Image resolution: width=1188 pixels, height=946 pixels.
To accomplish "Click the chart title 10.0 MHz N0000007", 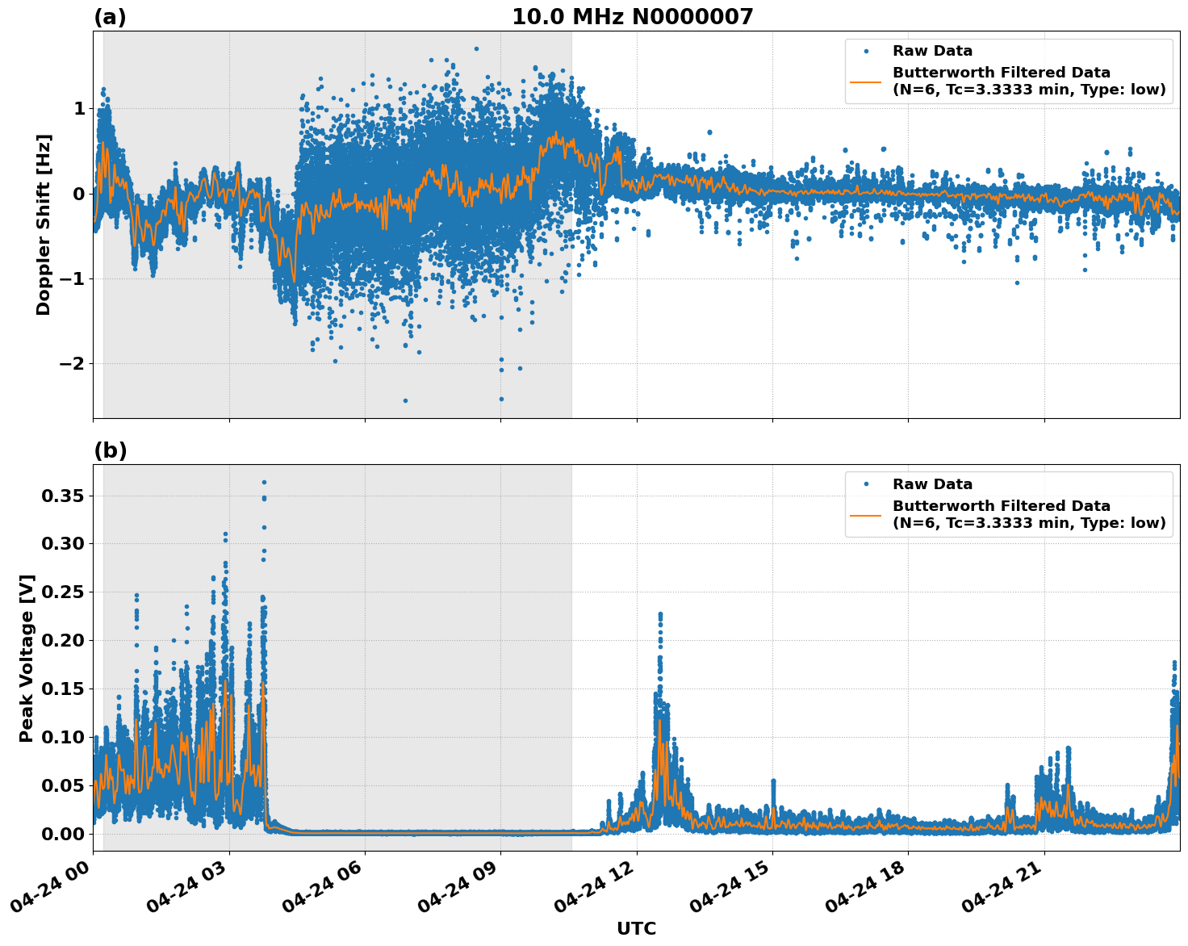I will [632, 17].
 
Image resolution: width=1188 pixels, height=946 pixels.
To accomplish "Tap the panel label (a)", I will [110, 17].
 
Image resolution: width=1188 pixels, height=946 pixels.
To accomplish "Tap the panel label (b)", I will [110, 450].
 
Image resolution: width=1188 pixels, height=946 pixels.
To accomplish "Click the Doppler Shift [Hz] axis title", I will [44, 224].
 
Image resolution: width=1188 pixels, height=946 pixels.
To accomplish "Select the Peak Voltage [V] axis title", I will [27, 658].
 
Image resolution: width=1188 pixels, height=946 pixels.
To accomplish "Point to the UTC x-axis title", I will [636, 928].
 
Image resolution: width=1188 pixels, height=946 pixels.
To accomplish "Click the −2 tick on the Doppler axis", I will [72, 364].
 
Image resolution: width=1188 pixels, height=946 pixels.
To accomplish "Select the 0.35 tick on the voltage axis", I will [63, 496].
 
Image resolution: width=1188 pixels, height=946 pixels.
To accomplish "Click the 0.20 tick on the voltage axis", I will [63, 641].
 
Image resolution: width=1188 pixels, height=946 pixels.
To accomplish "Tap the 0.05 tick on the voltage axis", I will [63, 785].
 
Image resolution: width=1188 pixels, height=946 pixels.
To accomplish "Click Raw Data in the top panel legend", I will [932, 52].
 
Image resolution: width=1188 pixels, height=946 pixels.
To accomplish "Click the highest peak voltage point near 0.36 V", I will [264, 482].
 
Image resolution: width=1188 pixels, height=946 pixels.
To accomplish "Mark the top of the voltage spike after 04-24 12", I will [660, 614].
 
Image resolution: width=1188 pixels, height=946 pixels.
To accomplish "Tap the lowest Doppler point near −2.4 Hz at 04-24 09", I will [501, 399].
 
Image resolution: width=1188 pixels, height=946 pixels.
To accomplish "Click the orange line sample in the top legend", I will [866, 81].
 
